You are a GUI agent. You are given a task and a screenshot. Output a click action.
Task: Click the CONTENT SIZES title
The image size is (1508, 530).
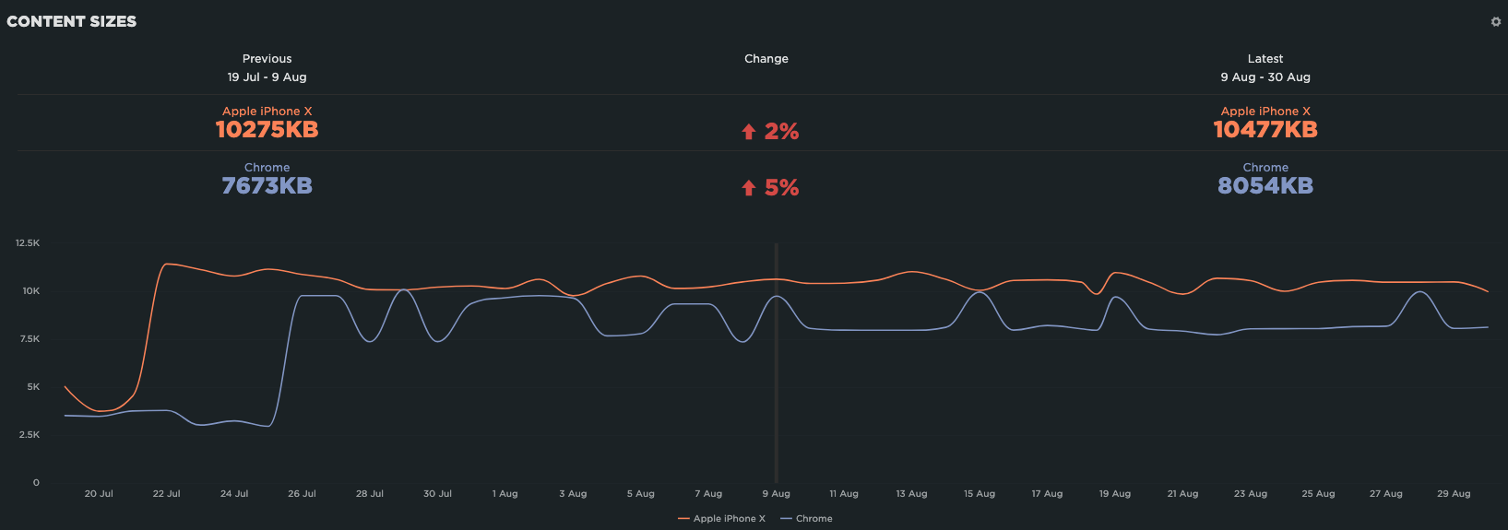click(72, 21)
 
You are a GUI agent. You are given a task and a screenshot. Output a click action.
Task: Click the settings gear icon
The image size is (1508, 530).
click(1496, 21)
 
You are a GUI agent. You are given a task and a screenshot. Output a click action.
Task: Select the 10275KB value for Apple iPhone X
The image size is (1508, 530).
click(267, 130)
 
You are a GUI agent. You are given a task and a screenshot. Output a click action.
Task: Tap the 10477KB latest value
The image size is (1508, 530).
click(1265, 130)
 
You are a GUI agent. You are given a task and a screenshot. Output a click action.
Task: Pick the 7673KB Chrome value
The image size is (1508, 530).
click(267, 186)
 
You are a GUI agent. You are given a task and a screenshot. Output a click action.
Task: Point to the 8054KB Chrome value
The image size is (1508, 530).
click(1265, 186)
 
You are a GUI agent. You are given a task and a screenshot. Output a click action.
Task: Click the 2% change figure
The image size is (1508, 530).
click(781, 132)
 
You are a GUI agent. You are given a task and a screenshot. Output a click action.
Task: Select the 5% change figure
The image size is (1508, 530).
click(781, 188)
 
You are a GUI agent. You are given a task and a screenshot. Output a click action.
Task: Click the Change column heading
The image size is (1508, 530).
click(766, 59)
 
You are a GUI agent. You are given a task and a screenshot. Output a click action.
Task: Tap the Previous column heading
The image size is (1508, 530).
click(267, 59)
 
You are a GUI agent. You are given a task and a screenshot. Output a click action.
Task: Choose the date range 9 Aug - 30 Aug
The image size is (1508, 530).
click(1265, 77)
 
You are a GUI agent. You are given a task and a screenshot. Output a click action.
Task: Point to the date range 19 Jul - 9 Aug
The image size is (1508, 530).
click(267, 77)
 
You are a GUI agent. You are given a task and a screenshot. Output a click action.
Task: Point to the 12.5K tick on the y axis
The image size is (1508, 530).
click(28, 243)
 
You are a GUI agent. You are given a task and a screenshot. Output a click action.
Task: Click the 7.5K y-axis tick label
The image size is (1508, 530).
click(30, 339)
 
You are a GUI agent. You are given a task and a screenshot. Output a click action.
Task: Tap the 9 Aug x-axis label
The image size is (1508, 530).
click(777, 494)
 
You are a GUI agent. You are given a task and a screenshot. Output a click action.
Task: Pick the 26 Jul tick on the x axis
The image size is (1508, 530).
click(302, 494)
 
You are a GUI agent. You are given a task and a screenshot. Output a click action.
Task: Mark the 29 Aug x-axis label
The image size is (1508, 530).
click(1454, 494)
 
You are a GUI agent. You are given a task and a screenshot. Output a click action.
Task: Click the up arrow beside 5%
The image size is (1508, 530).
click(749, 189)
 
